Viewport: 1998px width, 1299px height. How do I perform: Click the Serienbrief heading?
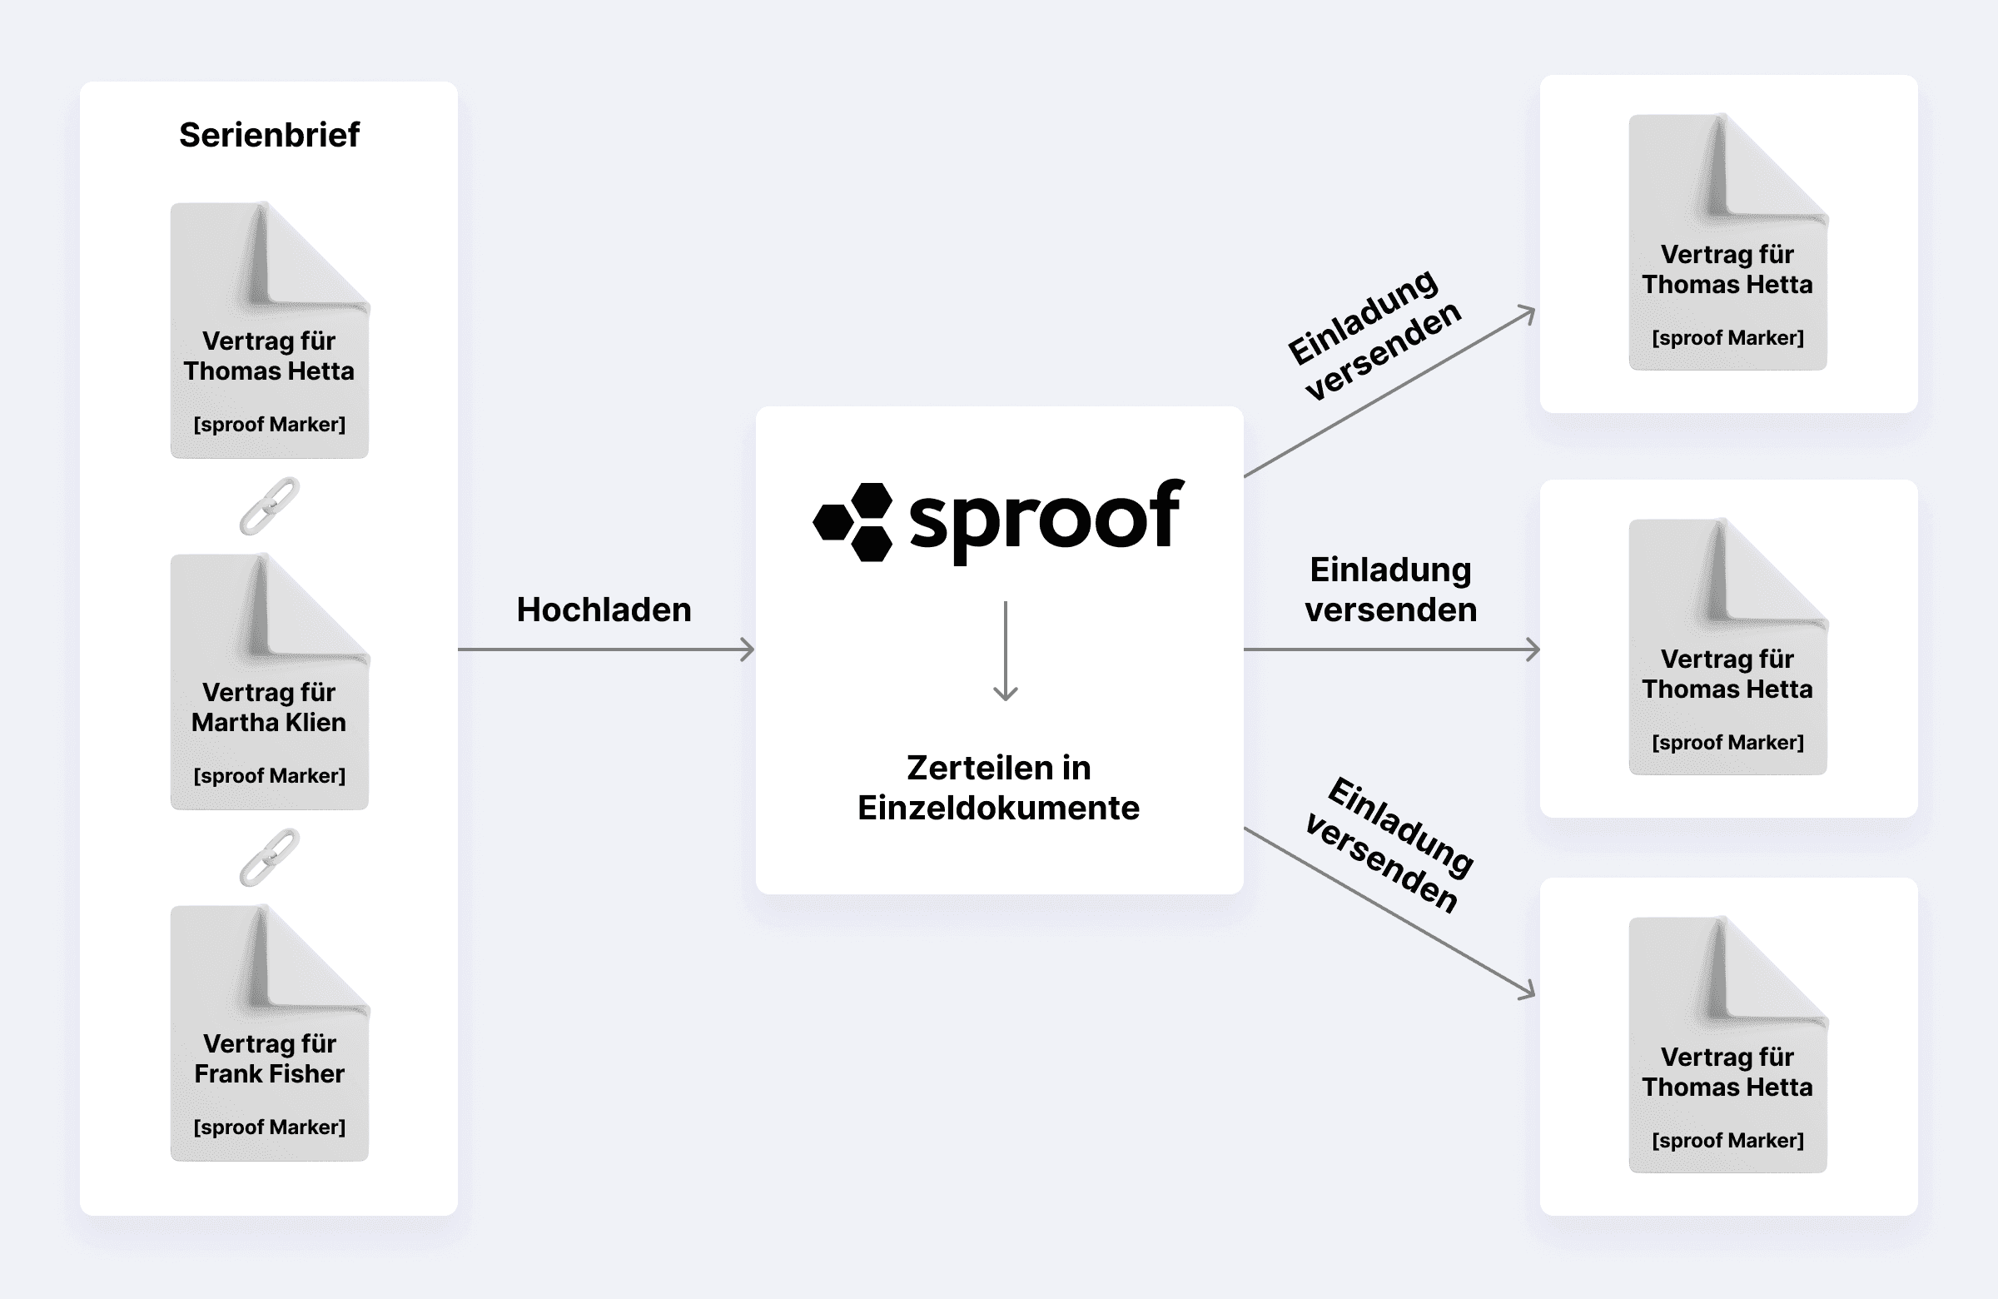coord(270,134)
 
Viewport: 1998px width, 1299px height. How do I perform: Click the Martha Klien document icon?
coord(270,681)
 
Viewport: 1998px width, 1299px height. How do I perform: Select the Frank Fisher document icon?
coord(270,1033)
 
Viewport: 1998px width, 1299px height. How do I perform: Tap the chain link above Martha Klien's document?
coord(270,506)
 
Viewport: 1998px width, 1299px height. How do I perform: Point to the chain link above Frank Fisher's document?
coord(270,858)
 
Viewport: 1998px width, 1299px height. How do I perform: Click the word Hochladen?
coord(604,610)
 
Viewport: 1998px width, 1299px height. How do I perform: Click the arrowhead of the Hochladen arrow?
coord(748,649)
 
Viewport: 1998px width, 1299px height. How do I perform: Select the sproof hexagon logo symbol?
coord(853,521)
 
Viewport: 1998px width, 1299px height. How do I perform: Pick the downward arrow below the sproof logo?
coord(1005,651)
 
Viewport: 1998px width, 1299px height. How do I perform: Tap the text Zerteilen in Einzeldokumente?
coord(999,788)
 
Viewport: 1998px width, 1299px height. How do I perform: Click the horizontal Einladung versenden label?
coord(1390,590)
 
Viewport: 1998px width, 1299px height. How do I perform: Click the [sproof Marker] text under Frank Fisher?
coord(270,1127)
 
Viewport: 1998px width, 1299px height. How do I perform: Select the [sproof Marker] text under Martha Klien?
coord(270,776)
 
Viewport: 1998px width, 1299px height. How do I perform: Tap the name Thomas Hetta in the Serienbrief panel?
coord(269,371)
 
